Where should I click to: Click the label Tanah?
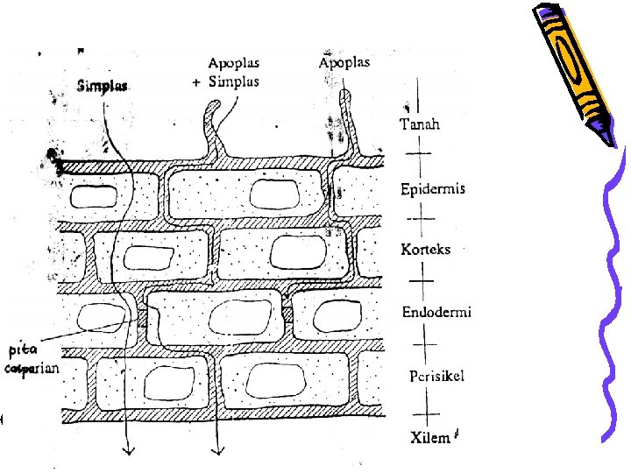420,124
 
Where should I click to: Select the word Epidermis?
432,188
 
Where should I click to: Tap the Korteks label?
425,250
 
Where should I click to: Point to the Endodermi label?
436,313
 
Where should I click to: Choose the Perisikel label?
436,376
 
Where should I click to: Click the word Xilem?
430,438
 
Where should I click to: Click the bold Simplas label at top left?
103,86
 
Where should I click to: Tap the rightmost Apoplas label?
344,62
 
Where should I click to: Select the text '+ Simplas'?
225,81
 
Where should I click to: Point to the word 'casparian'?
32,369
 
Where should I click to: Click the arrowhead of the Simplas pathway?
128,450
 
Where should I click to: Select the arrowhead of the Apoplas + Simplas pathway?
216,450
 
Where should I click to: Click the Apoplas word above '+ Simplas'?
234,63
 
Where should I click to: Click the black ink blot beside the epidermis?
54,160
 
